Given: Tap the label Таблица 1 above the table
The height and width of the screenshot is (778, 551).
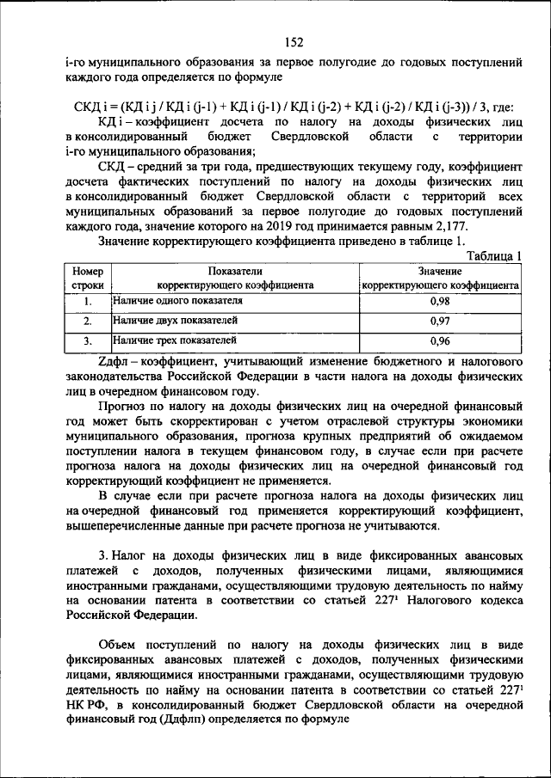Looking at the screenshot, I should click(x=494, y=255).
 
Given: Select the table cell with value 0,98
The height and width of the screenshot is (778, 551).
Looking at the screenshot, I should click(x=440, y=302).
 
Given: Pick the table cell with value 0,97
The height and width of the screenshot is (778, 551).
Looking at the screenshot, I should click(x=440, y=321).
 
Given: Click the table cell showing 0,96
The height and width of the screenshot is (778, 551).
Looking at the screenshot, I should click(x=440, y=340).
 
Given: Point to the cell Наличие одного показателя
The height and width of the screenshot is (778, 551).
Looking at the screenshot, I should click(x=177, y=301).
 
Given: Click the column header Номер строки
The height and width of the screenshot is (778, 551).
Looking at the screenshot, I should click(x=88, y=277).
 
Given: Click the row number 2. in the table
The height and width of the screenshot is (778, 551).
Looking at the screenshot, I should click(x=88, y=321).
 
